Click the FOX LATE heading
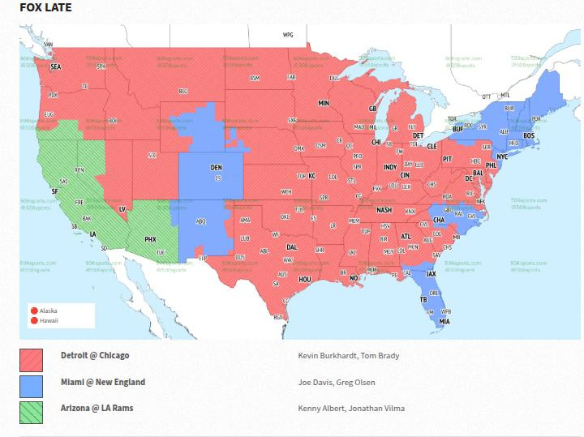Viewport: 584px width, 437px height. point(45,8)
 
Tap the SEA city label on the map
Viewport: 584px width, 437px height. point(56,67)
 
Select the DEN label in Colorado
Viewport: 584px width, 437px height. point(216,168)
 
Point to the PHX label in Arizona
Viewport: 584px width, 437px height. point(150,239)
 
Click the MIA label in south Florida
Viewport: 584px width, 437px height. point(444,322)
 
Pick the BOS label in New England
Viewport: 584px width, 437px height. point(528,135)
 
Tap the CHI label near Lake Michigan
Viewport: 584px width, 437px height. point(376,142)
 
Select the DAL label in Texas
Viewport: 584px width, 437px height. point(292,247)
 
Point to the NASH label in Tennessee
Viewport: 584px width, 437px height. point(384,209)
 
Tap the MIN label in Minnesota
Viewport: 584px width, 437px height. point(324,104)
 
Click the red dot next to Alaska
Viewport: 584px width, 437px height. point(34,311)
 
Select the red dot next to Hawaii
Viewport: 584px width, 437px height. point(34,320)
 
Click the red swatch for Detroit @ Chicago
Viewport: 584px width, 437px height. point(31,359)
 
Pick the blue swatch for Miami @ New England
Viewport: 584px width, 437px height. point(31,386)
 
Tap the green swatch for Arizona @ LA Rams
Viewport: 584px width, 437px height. point(31,412)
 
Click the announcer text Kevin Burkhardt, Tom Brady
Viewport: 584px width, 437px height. point(349,356)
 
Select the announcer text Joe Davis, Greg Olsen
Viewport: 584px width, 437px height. point(337,383)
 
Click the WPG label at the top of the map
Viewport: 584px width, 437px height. point(287,35)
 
